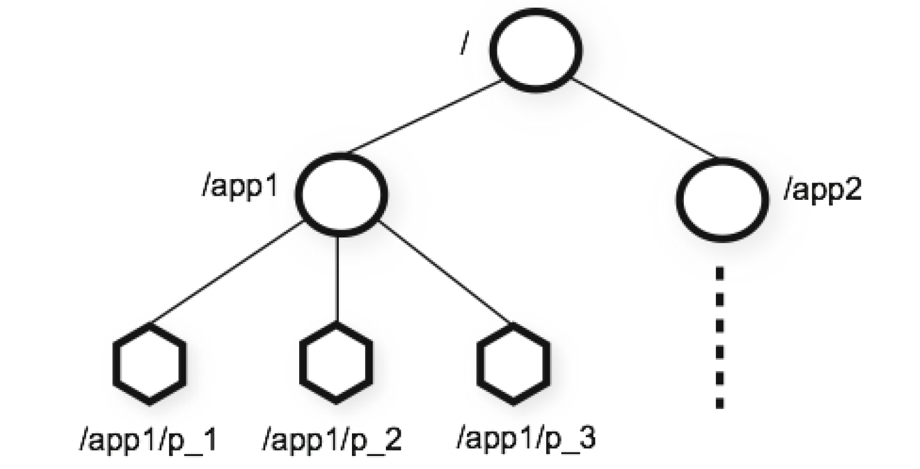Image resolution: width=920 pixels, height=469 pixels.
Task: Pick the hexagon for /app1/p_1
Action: (x=149, y=363)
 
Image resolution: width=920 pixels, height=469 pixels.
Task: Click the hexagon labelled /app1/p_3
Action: (x=513, y=363)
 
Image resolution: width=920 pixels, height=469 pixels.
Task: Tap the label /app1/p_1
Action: (x=148, y=441)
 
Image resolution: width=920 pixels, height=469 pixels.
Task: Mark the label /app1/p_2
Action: (x=332, y=441)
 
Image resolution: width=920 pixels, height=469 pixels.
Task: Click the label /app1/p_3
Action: (x=526, y=439)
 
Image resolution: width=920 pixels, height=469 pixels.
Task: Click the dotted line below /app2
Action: (x=719, y=338)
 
